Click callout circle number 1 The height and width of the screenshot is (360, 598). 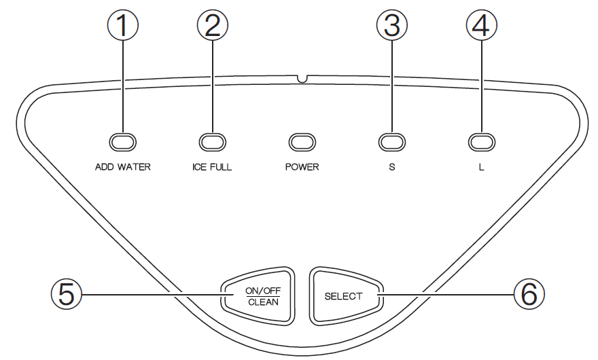click(123, 26)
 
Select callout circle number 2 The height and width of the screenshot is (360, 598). click(212, 26)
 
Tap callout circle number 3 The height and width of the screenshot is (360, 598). click(391, 26)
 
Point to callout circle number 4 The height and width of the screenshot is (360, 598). click(480, 26)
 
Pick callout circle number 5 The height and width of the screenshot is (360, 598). click(66, 293)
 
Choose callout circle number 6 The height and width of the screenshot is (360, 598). click(529, 293)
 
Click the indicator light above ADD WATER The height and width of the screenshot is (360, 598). click(123, 141)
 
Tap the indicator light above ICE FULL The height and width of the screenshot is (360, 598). click(212, 141)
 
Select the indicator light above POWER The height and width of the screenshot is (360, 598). click(302, 141)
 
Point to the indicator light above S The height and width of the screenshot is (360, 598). click(391, 141)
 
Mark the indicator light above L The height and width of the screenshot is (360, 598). click(480, 141)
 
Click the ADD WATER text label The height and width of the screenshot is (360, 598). click(123, 167)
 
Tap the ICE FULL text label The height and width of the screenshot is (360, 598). click(212, 167)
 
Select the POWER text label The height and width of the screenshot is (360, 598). click(302, 167)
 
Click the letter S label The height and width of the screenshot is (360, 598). click(391, 167)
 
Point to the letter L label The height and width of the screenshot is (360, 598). click(481, 167)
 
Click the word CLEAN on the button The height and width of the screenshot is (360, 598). click(262, 302)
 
